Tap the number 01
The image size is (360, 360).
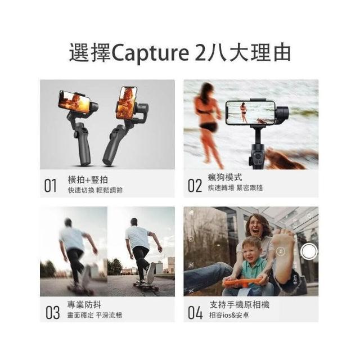50,186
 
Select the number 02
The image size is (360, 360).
195,186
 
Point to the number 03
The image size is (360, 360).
52,313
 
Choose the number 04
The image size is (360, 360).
195,313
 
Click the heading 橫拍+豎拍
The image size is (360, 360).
88,180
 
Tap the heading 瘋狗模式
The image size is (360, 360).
225,177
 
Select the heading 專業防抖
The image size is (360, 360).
84,305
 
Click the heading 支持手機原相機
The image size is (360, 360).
239,305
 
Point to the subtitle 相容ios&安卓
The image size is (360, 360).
229,315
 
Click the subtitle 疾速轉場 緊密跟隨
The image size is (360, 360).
235,188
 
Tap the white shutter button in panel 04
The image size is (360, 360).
309,251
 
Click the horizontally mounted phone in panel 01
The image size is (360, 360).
74,102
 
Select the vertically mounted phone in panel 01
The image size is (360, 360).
127,103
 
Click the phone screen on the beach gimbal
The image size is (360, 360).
250,112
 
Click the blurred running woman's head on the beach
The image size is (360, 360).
206,91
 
